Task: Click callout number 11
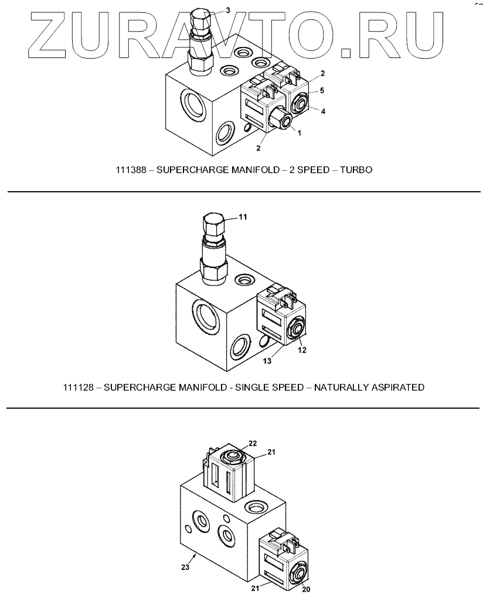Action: [x=242, y=216]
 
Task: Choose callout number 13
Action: [x=267, y=362]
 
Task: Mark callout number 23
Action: [x=185, y=568]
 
